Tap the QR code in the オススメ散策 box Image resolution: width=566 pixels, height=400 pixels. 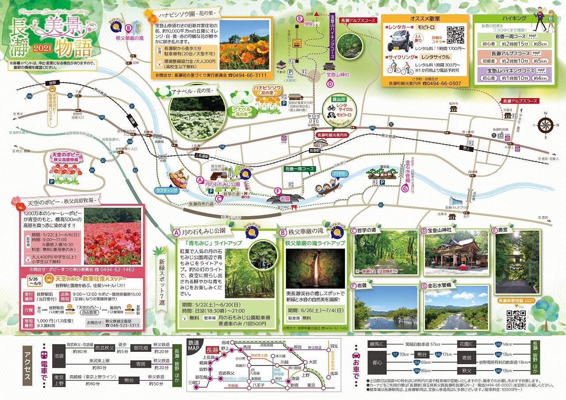tap(455, 34)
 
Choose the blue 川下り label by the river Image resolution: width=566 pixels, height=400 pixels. tap(339, 174)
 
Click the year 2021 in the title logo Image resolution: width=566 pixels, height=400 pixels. tap(43, 48)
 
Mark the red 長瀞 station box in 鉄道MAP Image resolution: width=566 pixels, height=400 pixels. tap(212, 350)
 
